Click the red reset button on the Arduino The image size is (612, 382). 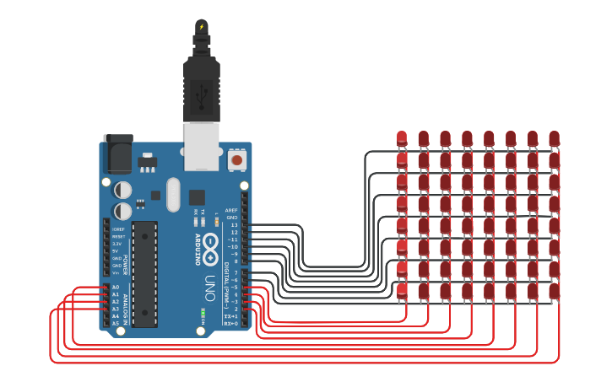tap(236, 159)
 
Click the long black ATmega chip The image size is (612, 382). tap(144, 274)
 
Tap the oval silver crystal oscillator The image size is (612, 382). tap(173, 195)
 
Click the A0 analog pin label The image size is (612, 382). tap(116, 288)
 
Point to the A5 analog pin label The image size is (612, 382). tap(116, 323)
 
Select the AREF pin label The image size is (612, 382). tap(231, 211)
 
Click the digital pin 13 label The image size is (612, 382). tap(234, 225)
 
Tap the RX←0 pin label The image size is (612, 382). tap(230, 322)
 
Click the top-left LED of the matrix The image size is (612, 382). tap(402, 137)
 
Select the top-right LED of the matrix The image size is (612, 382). tap(554, 137)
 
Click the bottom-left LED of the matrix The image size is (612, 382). tap(402, 291)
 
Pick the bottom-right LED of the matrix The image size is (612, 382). tap(554, 291)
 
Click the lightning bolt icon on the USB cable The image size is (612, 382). tap(202, 26)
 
